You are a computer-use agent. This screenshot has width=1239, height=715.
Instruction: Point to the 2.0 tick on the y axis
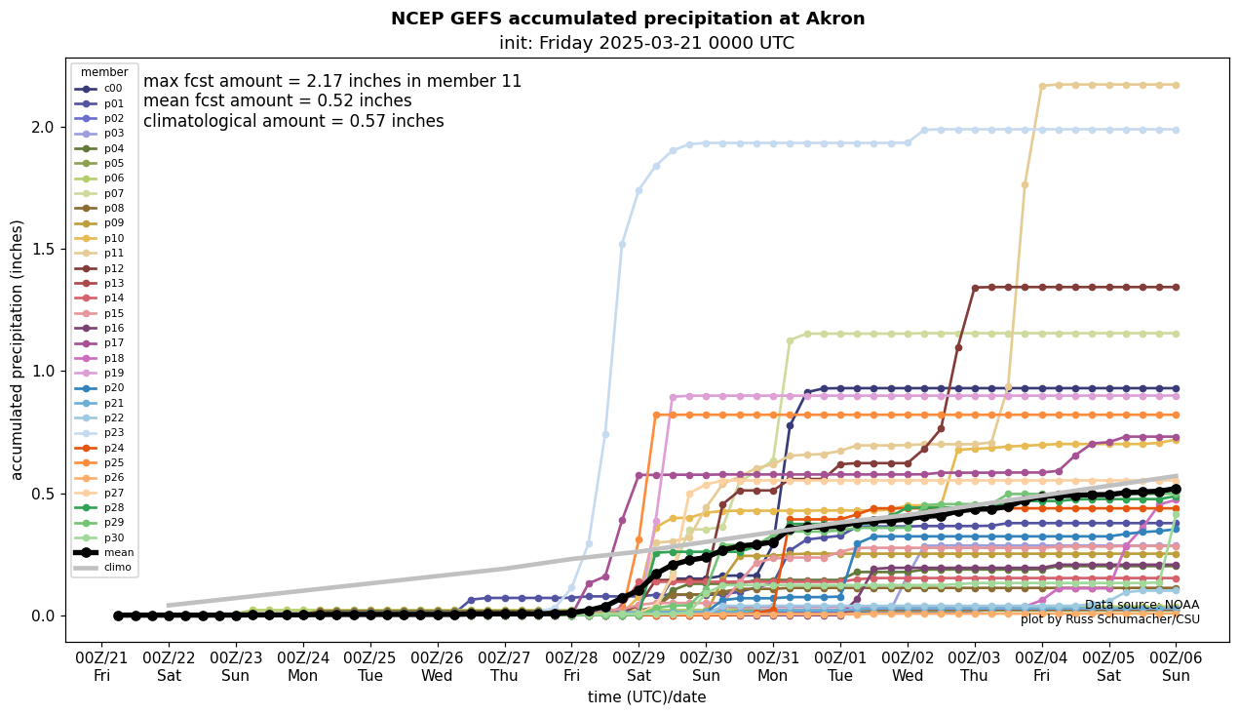(45, 127)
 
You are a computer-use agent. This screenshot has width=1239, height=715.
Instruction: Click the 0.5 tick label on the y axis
(45, 494)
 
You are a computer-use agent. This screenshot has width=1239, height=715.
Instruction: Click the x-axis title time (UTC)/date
(646, 697)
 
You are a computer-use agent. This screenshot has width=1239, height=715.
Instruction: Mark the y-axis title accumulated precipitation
(18, 349)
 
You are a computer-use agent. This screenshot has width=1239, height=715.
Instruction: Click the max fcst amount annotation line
(332, 81)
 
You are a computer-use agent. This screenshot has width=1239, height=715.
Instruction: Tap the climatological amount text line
(293, 121)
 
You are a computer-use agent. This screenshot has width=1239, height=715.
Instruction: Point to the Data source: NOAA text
(1142, 605)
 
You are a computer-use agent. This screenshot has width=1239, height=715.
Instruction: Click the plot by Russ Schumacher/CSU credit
(1110, 619)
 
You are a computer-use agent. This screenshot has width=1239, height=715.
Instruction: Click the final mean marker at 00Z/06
(1176, 489)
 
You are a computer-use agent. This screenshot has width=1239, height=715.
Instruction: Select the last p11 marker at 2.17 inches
(1176, 85)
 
